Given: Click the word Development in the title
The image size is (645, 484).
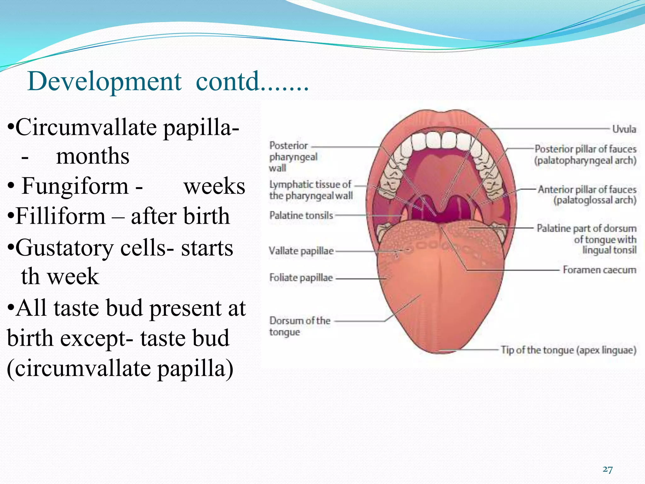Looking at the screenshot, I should pos(104,82).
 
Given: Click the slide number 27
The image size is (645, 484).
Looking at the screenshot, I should pos(608,470).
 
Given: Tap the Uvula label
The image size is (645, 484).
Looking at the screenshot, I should pos(624,129).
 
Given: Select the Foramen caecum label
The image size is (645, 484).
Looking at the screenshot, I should pos(599,270).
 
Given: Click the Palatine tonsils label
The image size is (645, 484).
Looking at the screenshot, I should pos(301,216).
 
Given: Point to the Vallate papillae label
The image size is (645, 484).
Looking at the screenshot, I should pos(301,251).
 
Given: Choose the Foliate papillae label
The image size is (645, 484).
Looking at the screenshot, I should pos(301,278).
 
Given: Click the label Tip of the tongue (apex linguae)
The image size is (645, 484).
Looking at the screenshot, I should pos(568,350).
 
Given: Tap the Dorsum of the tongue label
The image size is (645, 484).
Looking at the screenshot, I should pos(299,326).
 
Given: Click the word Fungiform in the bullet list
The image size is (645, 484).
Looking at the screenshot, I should pos(75,186).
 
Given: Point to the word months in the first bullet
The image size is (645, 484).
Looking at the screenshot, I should pos(93,156).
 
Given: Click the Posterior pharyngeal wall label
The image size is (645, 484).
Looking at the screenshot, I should pos(293,157).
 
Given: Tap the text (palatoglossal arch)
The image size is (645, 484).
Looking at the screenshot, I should pos(595,200).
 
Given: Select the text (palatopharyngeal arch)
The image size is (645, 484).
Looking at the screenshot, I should pos(585,160).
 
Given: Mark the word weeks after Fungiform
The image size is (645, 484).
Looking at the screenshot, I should pos(214,186).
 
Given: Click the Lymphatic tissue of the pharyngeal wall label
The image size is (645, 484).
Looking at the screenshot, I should pos(311,190).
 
